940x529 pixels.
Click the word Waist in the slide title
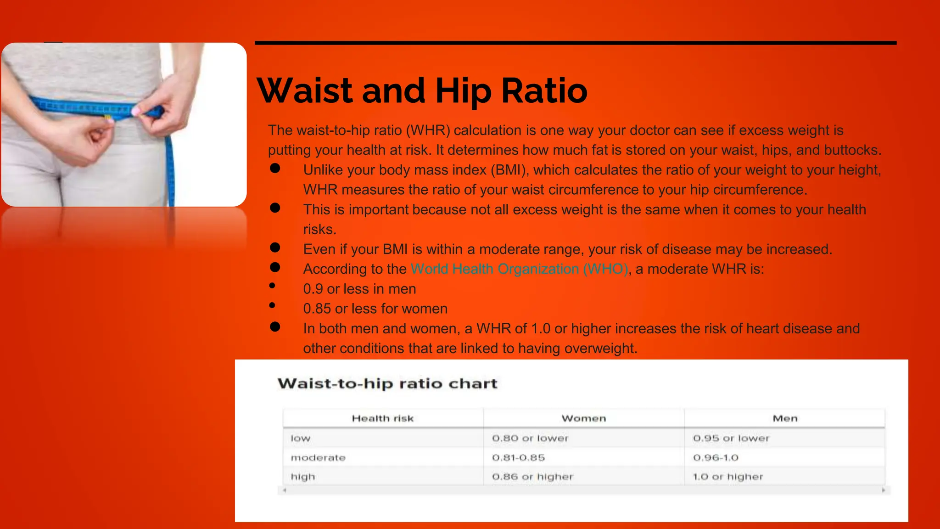click(305, 90)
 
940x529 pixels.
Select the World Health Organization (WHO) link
click(519, 269)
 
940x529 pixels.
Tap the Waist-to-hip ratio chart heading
click(387, 383)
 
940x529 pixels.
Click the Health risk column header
click(382, 418)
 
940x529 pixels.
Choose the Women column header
click(583, 418)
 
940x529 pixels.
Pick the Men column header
click(785, 418)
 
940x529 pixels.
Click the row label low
click(301, 439)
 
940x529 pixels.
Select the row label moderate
click(318, 458)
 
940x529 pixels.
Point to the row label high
click(303, 477)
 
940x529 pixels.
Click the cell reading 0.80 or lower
click(530, 439)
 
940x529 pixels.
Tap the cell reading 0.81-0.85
click(518, 458)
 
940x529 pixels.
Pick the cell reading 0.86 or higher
click(532, 477)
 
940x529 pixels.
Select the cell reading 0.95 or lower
click(731, 439)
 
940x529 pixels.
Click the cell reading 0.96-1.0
click(716, 458)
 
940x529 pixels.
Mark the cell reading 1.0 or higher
click(728, 477)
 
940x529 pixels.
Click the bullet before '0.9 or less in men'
click(272, 286)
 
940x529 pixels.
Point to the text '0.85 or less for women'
click(375, 309)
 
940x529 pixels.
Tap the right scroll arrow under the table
click(884, 490)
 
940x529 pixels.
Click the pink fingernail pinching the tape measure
click(136, 111)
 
